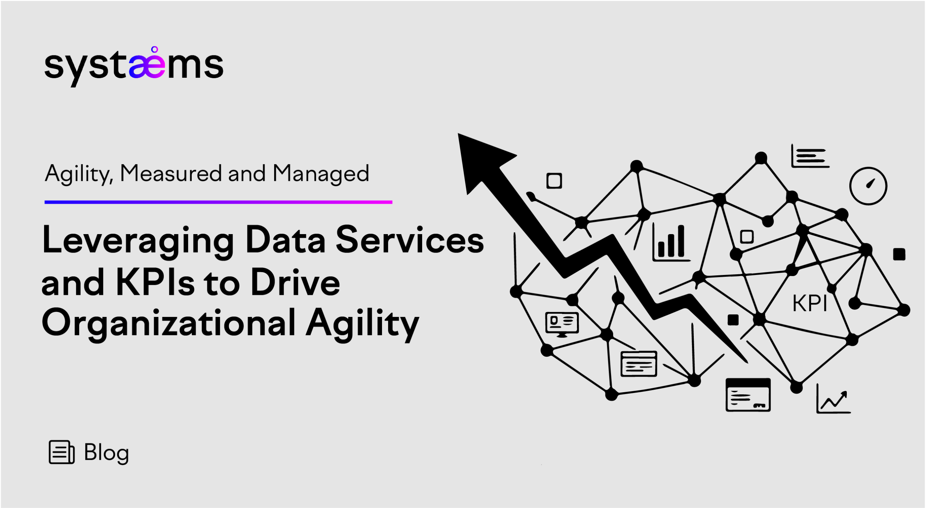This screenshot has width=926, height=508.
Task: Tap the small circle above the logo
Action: coord(154,50)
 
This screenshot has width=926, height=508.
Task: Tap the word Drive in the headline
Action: coord(295,283)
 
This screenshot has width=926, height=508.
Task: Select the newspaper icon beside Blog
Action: coord(61,452)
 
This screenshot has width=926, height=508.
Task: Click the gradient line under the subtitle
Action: coord(218,202)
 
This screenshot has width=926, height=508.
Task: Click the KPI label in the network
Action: coord(810,303)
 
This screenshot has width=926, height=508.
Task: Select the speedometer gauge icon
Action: coord(868,186)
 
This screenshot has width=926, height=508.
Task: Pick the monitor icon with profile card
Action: coord(562,324)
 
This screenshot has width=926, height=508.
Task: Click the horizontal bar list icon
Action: coord(810,156)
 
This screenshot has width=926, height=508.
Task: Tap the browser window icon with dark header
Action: coord(748,395)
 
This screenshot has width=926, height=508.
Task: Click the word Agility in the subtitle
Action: coord(78,174)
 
